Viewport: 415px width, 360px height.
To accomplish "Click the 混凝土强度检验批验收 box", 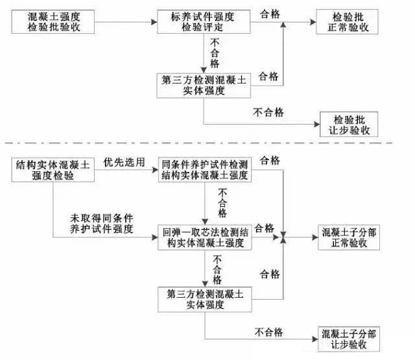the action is point(53,21).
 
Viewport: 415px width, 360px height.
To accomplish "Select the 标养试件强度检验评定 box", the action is point(204,21).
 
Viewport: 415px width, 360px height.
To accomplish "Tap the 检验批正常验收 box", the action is point(348,21).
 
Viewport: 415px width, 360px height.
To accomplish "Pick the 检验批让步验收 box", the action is point(349,124).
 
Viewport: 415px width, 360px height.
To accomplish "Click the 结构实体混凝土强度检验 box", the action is point(53,170).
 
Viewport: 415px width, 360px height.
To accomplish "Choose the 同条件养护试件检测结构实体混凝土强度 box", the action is point(205,169).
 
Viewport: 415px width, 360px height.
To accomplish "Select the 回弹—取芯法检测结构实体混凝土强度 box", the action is point(205,237).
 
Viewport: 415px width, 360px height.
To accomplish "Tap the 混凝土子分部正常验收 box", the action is point(349,237).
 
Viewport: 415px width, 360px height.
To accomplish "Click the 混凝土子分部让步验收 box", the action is point(349,339).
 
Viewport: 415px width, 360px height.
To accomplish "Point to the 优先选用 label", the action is point(124,162).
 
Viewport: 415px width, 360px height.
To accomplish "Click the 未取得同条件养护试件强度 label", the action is point(101,224).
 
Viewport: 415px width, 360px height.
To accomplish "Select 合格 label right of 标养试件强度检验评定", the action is point(270,14).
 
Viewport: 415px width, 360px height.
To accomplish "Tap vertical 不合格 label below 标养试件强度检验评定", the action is point(215,53).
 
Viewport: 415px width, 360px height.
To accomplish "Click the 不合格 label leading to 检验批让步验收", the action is point(268,112).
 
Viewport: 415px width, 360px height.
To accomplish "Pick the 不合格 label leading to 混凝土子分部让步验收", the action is point(268,332).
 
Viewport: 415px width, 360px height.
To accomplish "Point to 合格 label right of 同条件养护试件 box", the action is point(270,160).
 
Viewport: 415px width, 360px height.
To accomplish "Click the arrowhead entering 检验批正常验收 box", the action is point(313,22).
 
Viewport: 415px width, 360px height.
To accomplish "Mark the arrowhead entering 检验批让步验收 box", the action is point(317,124).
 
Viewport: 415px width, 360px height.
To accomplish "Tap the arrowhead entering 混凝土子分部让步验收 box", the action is point(315,339).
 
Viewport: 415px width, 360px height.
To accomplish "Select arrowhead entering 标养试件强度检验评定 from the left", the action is point(154,22).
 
